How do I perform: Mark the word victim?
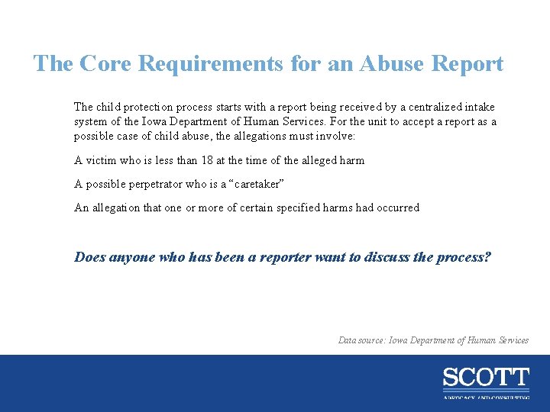tap(101, 160)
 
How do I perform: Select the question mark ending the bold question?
tap(488, 257)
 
